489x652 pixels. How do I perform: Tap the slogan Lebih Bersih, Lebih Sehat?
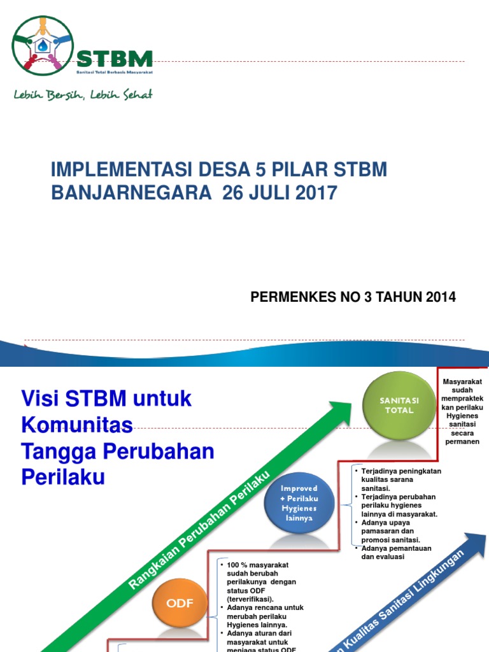pyautogui.click(x=83, y=95)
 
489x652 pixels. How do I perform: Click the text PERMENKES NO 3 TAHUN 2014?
pyautogui.click(x=353, y=297)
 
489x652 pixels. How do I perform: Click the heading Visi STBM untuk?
pyautogui.click(x=106, y=399)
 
